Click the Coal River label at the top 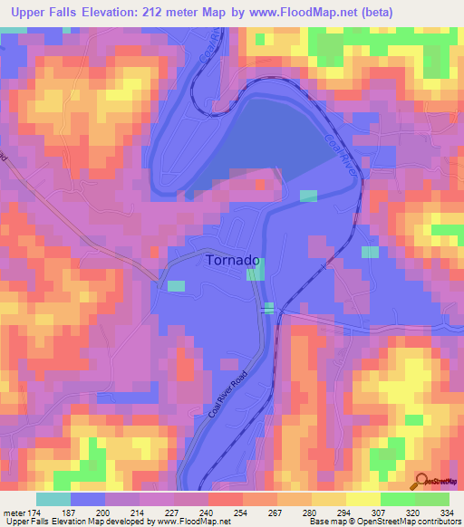point(207,50)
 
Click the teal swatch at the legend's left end point(53,499)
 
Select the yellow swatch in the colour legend point(362,499)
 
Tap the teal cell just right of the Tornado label point(256,271)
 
